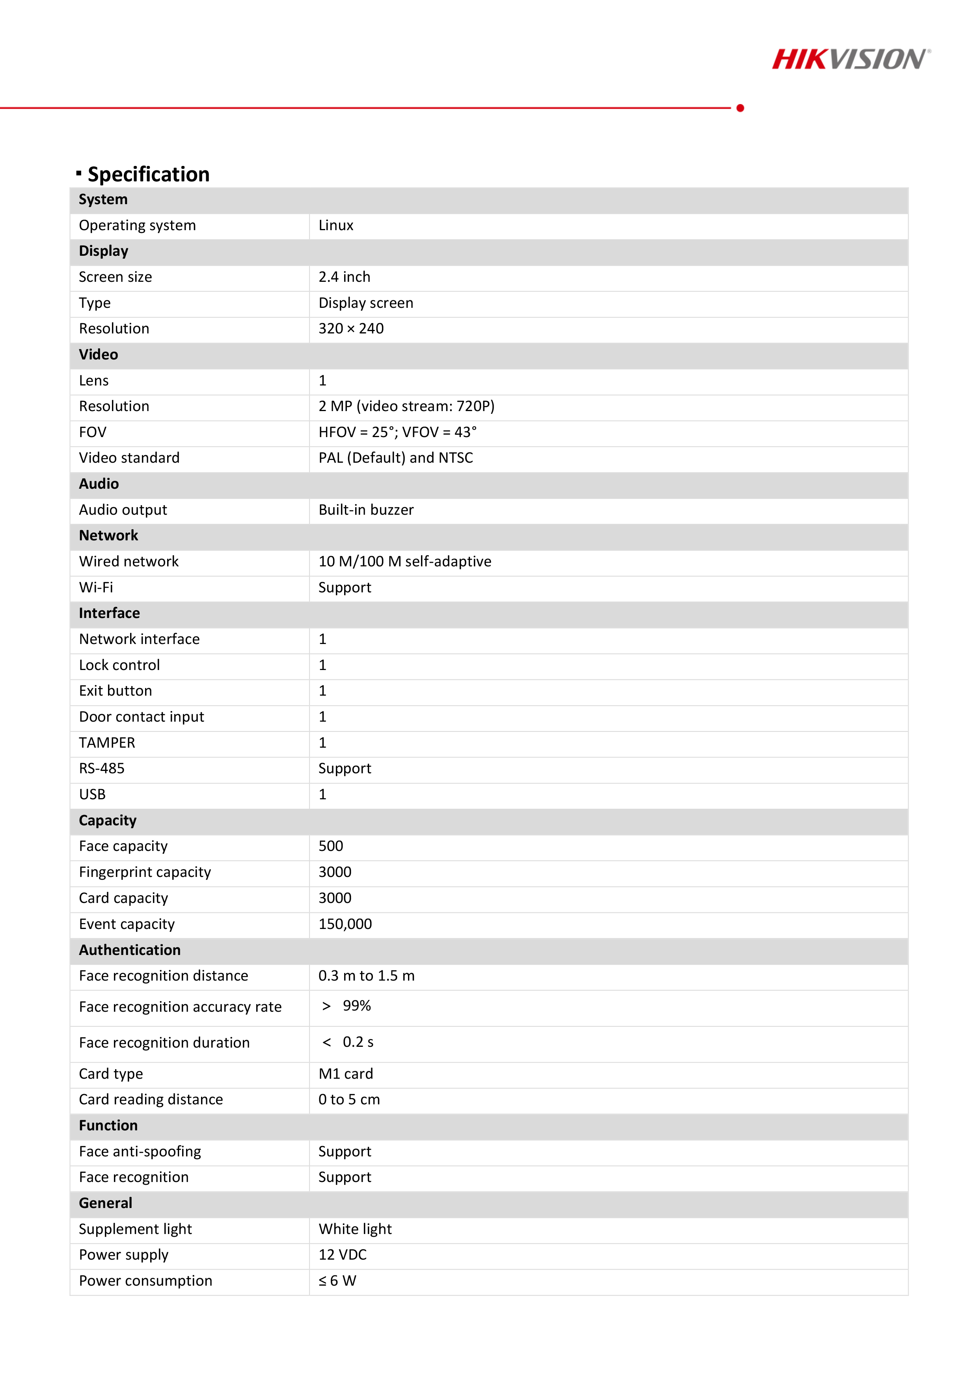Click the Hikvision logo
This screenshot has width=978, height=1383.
click(850, 59)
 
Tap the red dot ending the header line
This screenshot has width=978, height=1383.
click(740, 108)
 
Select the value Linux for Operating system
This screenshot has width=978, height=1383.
click(335, 225)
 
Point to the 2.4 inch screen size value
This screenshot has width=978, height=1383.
click(344, 277)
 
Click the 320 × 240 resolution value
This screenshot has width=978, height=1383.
click(351, 329)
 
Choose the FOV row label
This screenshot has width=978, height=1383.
click(93, 432)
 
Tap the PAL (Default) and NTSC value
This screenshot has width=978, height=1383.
click(395, 458)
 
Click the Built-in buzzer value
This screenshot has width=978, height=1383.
click(366, 510)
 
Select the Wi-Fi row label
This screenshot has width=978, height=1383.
click(96, 587)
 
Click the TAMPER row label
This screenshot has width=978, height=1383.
click(107, 743)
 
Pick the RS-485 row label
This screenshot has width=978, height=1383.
click(101, 769)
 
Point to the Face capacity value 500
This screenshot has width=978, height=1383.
click(331, 846)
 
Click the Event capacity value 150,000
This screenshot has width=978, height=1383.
click(345, 924)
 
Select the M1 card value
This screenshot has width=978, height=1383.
click(345, 1074)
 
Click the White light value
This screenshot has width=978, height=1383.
click(355, 1229)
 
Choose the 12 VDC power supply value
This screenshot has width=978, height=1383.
click(342, 1255)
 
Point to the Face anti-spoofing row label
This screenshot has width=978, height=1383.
click(140, 1152)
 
